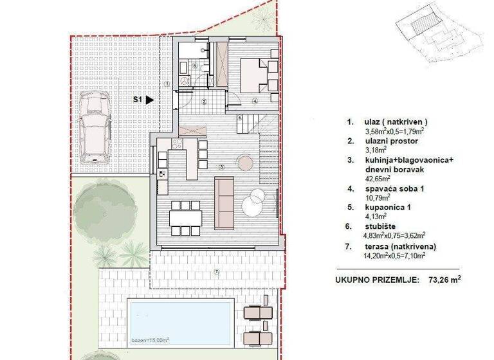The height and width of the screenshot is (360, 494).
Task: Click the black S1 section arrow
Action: [149, 100]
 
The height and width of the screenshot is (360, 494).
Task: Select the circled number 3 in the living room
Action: [222, 166]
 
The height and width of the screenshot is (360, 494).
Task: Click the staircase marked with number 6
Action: [249, 118]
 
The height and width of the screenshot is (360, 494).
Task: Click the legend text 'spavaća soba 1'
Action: [387, 189]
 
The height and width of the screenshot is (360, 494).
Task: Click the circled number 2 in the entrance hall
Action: [203, 102]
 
